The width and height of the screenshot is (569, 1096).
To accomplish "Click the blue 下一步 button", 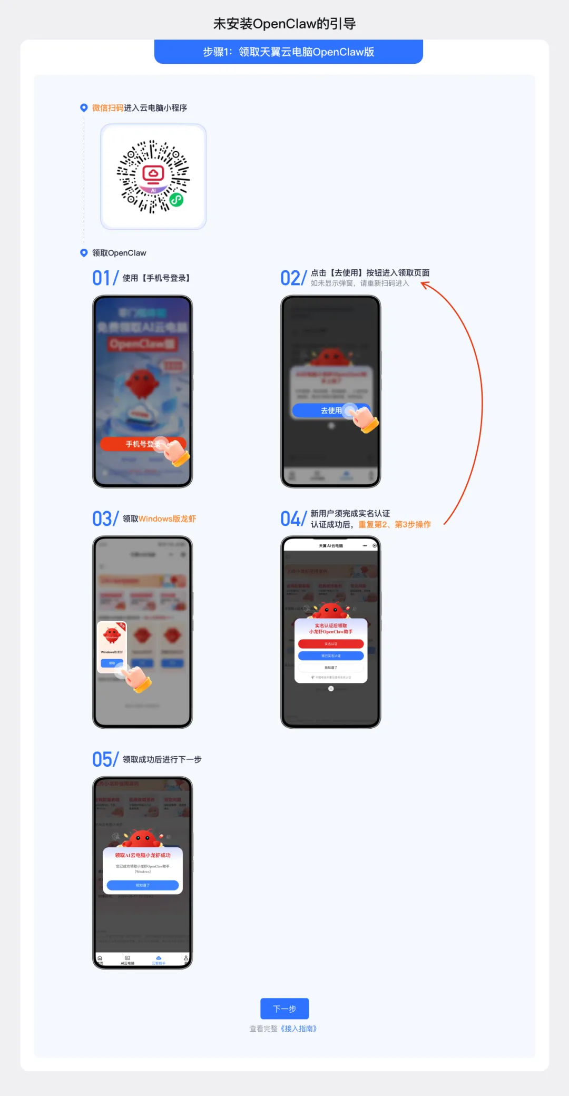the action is pos(284,1009).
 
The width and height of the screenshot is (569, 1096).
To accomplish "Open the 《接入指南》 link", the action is pos(298,1029).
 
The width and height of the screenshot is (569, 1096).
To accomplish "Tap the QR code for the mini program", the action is pos(153,177).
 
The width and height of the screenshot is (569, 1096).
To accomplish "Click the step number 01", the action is pos(102,278).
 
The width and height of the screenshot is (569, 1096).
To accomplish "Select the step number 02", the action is pos(290,278).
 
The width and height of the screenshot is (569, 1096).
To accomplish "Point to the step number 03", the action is pos(102,518).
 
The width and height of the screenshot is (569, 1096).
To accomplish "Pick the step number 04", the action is pos(291,518).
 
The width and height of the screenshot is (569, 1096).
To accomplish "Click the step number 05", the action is pos(102,759).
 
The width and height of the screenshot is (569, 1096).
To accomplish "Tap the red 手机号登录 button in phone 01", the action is pos(143,444).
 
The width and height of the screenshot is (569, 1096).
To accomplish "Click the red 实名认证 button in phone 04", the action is pos(331,644).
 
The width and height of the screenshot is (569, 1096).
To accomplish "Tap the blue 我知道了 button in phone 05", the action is pos(143,885).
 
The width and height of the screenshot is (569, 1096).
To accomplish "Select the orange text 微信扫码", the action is pos(107,108).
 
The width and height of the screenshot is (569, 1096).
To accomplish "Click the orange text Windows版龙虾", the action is pos(167,519).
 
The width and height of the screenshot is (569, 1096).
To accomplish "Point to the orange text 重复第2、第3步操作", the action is pos(395,524).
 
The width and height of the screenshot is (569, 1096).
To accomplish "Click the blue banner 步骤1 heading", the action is pos(289,52).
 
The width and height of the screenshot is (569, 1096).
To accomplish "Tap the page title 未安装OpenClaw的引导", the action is pos(284,24).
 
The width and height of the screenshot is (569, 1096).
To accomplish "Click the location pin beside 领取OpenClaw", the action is pos(84,253).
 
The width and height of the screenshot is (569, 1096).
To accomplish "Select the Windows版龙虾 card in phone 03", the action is pos(112,646).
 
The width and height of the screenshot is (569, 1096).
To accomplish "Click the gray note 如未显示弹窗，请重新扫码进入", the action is pos(360,283).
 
